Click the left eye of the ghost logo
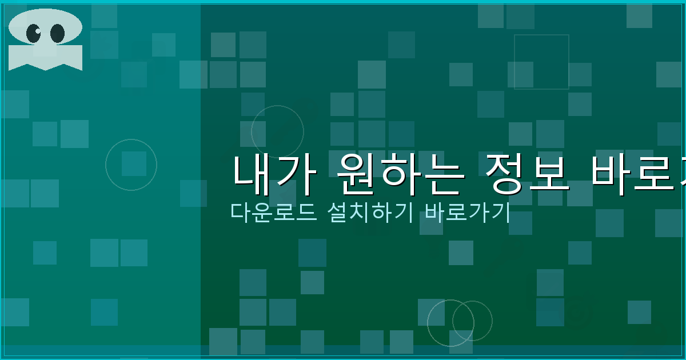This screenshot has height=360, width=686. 34,33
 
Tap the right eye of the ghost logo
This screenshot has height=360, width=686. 57,33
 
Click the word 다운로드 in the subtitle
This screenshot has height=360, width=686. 273,212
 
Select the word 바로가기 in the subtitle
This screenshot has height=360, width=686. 466,212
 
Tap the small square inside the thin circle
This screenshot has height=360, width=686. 134,163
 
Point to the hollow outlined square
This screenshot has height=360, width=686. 541,62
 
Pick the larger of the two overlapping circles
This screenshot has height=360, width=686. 450,323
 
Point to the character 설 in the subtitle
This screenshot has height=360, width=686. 339,212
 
